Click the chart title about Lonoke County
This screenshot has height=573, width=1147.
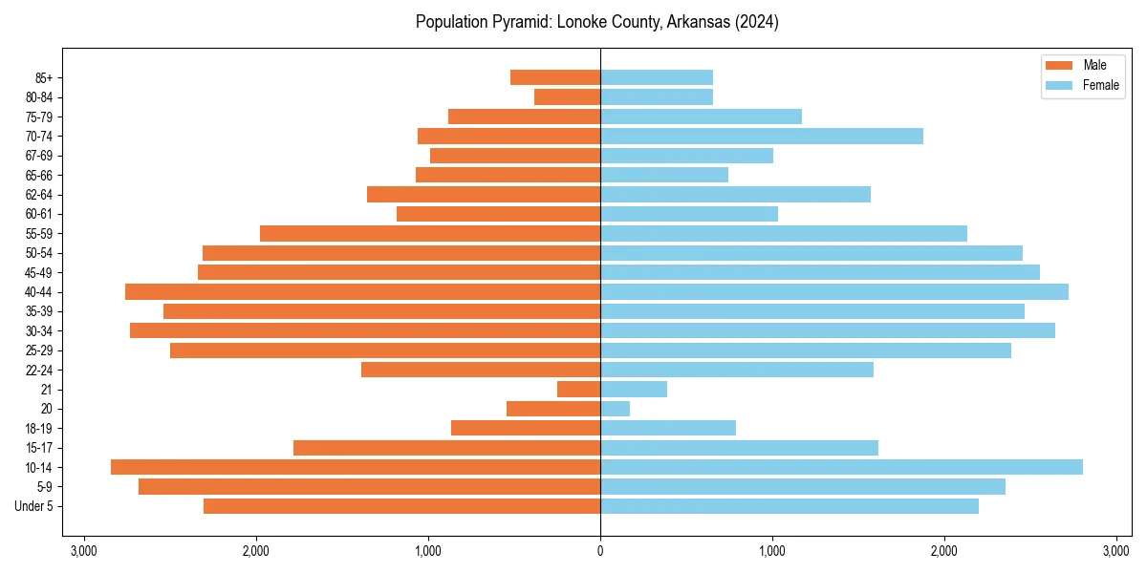point(596,22)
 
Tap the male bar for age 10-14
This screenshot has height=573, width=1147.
point(356,467)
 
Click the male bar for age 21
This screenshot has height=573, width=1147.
point(578,390)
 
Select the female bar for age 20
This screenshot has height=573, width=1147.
point(615,409)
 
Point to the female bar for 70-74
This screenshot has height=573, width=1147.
point(762,137)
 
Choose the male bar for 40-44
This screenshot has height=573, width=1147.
point(362,292)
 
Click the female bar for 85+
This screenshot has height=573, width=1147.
point(657,77)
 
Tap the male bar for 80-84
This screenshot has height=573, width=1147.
point(567,97)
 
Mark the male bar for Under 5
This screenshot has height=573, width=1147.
point(401,506)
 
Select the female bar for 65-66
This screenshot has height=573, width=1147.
point(664,175)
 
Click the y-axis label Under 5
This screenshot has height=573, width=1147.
point(34,506)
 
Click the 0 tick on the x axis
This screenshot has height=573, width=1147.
point(600,551)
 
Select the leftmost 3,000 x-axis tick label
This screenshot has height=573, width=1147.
point(84,551)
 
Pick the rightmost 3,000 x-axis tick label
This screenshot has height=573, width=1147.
point(1116,551)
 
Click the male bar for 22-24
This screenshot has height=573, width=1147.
point(481,370)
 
